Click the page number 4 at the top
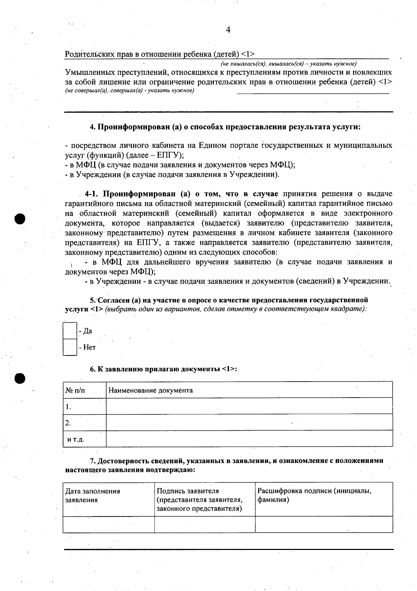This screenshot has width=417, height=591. pyautogui.click(x=228, y=30)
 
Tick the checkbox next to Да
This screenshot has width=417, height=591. pyautogui.click(x=70, y=331)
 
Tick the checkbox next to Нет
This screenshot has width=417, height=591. pyautogui.click(x=70, y=347)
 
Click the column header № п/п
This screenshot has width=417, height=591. pyautogui.click(x=75, y=390)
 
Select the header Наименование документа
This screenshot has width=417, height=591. pyautogui.click(x=150, y=390)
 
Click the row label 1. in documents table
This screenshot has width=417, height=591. pyautogui.click(x=68, y=406)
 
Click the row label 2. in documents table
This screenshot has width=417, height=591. pyautogui.click(x=68, y=423)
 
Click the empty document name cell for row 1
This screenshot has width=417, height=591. pyautogui.click(x=249, y=406)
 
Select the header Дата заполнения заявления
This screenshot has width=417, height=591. pyautogui.click(x=93, y=495)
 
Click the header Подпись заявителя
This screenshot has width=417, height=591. pyautogui.click(x=188, y=491)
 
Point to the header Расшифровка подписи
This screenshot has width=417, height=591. pyautogui.click(x=314, y=491)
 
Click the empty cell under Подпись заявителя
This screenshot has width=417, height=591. pyautogui.click(x=205, y=524)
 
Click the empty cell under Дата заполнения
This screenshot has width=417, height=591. pyautogui.click(x=108, y=524)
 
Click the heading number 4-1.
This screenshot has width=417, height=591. pyautogui.click(x=92, y=194)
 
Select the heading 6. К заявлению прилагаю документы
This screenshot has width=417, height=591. pyautogui.click(x=163, y=369)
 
